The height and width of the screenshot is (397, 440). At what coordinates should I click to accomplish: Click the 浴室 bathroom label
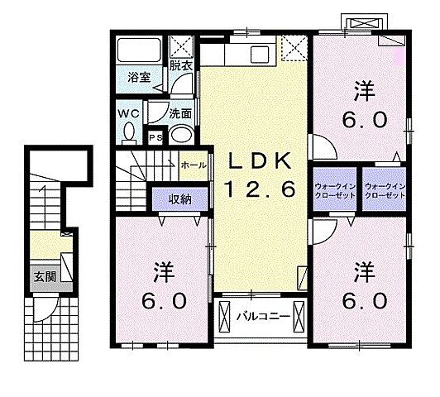pos(138,79)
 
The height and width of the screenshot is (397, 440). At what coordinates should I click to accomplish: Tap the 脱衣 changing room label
pos(180,65)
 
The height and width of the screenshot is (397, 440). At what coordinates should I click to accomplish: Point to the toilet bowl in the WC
pos(128,132)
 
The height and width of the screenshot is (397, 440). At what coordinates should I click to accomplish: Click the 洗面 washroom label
pos(180,113)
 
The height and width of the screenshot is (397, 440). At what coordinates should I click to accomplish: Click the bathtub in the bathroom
pos(139,50)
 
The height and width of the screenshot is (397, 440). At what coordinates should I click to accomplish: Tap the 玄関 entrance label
pos(45,276)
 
